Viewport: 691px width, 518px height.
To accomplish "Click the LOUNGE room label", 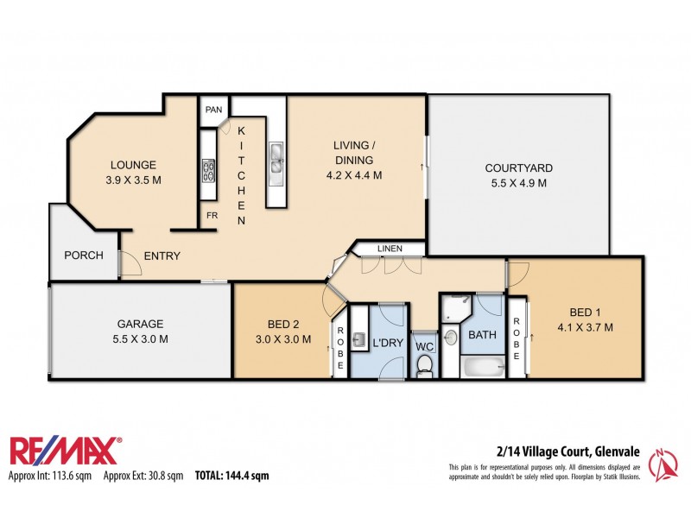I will [132, 165].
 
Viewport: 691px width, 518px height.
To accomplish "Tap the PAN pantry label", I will [212, 111].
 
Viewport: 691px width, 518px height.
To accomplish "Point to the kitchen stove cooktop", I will [208, 169].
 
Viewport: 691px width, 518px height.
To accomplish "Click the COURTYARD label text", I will [518, 168].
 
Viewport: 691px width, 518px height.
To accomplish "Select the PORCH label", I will [84, 256].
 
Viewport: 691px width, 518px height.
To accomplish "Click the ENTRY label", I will [162, 256].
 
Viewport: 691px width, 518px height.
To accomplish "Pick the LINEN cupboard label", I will [389, 250].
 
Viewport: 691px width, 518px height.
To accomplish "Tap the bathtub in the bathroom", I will [482, 366].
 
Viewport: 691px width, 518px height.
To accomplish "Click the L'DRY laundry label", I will [388, 344].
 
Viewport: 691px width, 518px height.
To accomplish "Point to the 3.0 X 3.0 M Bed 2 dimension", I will [283, 339].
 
